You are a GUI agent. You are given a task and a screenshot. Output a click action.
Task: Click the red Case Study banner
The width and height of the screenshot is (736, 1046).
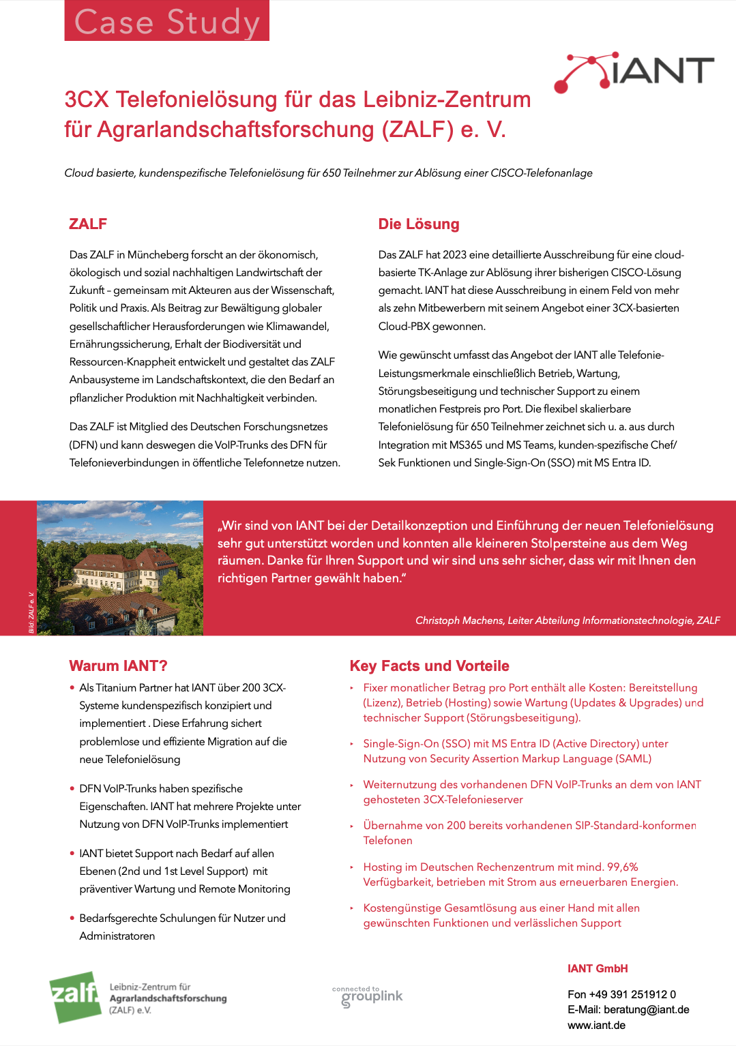pos(166,21)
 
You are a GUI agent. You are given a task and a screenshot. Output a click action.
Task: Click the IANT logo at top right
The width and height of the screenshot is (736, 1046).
pos(634,72)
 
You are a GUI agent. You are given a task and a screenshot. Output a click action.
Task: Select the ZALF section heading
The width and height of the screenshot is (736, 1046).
pos(88,224)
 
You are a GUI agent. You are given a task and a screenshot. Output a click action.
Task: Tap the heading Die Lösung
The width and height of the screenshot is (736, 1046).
pos(418,224)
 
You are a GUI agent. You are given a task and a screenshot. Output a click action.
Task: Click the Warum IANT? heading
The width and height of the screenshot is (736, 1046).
pos(118,666)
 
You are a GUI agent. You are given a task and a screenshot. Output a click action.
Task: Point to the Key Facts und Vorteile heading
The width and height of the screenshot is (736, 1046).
pos(429,666)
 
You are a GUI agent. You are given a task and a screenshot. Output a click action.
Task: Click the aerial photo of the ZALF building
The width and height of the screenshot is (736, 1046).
pos(120,568)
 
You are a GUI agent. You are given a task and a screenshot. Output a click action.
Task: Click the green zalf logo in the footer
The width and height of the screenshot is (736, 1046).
pos(74,996)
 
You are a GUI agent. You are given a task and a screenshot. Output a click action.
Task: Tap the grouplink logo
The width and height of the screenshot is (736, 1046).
pos(368,996)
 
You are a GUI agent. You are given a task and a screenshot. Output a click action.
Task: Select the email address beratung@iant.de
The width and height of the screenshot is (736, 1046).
pos(646,1010)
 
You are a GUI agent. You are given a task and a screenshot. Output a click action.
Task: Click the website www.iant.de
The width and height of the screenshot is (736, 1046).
pos(596,1026)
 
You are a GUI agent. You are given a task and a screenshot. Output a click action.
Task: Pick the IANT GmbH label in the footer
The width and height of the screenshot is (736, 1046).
pos(598,968)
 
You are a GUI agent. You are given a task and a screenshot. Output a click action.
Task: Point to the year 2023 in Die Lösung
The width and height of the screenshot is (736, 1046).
pos(454,255)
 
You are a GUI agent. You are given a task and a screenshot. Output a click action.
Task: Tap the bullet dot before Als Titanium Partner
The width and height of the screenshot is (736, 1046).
pos(72,687)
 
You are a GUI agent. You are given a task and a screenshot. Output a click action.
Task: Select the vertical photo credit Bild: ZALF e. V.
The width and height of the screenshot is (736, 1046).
pos(31,612)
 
